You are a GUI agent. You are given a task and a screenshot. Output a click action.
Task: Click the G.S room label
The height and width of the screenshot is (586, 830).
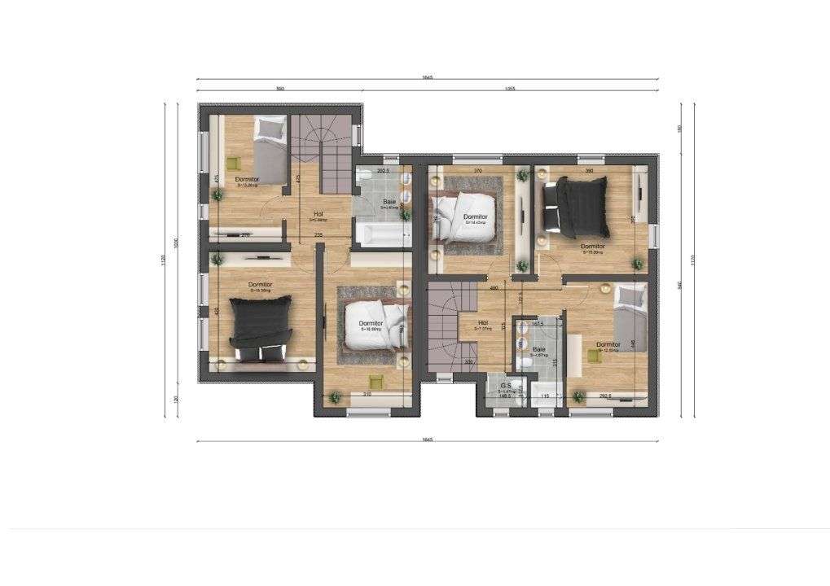(x=505, y=385)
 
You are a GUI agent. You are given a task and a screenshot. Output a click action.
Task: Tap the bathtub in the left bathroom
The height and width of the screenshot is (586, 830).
(x=383, y=236)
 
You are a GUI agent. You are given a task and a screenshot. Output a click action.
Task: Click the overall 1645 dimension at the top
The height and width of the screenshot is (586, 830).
(x=427, y=77)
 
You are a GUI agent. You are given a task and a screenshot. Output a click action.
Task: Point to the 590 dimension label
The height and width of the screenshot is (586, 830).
(x=279, y=88)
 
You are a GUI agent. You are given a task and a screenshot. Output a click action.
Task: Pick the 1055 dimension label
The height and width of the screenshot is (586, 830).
(x=511, y=88)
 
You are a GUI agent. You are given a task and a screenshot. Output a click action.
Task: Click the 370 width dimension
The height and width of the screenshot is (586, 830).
(x=478, y=170)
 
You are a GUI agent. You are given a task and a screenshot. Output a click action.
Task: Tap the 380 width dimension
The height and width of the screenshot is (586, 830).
(x=588, y=170)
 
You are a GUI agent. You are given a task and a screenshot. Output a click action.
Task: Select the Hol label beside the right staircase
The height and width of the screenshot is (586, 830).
(x=483, y=322)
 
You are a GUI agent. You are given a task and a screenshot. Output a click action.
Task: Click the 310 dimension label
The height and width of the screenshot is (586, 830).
(x=368, y=394)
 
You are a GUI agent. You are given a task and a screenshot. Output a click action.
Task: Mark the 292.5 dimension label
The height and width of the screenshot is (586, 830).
(x=605, y=396)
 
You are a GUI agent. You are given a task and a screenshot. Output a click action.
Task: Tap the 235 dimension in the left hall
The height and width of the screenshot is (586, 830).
(x=318, y=235)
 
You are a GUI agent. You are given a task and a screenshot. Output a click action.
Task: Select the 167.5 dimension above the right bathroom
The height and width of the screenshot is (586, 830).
(x=537, y=324)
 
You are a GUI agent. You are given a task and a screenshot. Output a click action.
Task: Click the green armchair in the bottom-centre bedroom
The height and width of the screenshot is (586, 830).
(x=376, y=381)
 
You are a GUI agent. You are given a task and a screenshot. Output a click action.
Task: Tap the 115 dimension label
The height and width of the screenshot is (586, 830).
(x=545, y=396)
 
